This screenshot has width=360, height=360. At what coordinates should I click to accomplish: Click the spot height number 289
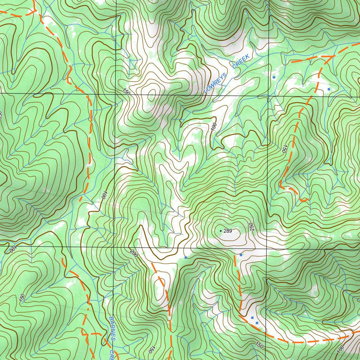(x=228, y=231)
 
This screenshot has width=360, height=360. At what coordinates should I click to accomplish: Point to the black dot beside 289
(x=220, y=231)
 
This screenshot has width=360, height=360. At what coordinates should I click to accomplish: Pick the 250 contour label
(x=251, y=227)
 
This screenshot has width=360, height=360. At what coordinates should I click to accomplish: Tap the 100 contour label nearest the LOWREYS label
(x=214, y=127)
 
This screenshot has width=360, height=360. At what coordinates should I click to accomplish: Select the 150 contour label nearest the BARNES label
(x=151, y=349)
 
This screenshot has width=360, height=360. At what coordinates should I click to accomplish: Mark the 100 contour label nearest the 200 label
(x=104, y=195)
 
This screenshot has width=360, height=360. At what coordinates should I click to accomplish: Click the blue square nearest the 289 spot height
(x=241, y=255)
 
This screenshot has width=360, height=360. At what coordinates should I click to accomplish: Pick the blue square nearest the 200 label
(x=186, y=257)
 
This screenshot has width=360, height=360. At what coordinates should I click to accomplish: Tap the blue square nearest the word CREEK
(x=274, y=76)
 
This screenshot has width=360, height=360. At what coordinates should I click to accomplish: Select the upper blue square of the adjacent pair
(x=252, y=318)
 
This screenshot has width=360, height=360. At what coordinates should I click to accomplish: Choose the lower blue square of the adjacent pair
(x=257, y=323)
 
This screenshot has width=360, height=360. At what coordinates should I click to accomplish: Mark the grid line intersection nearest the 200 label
(x=115, y=247)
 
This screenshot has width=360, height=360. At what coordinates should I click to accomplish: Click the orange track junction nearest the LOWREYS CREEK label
(x=333, y=56)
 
